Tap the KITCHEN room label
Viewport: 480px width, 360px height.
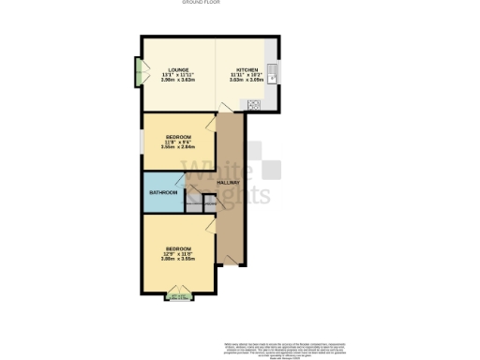[247, 70]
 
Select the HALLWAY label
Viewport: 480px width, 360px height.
[230, 182]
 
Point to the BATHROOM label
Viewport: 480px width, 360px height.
[162, 193]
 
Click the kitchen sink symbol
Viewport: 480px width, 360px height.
[271, 71]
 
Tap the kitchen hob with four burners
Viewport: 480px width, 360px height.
[255, 103]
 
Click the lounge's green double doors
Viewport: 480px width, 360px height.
[139, 72]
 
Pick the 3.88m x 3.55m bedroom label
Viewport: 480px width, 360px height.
[179, 259]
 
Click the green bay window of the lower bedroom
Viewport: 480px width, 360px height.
[180, 298]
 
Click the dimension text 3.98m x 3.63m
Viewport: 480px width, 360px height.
[179, 80]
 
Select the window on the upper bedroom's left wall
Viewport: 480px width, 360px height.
[142, 142]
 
